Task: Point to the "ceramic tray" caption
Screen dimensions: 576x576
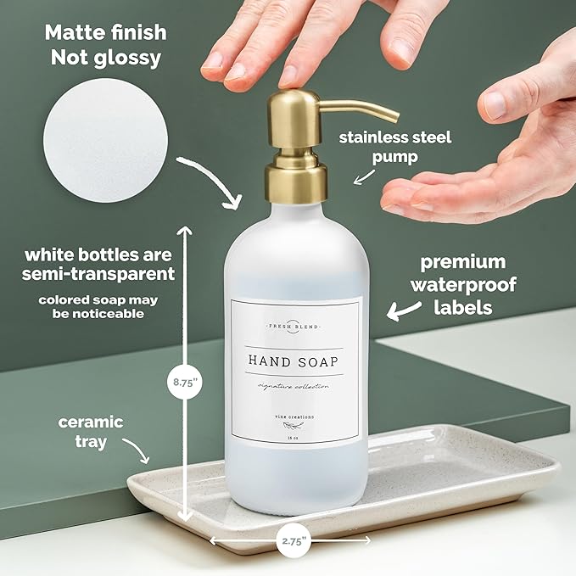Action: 91,432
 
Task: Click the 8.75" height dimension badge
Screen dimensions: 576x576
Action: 185,383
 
